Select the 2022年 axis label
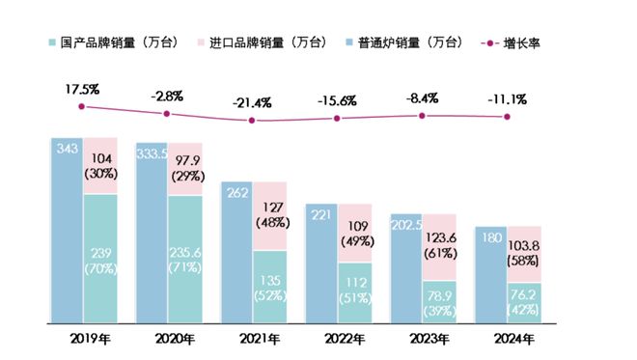[x=337, y=339]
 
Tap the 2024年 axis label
[x=507, y=339]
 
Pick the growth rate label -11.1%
[x=507, y=99]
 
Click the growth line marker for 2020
[x=167, y=114]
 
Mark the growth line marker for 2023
[x=422, y=116]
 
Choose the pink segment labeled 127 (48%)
[x=270, y=215]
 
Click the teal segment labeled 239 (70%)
[x=99, y=259]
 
